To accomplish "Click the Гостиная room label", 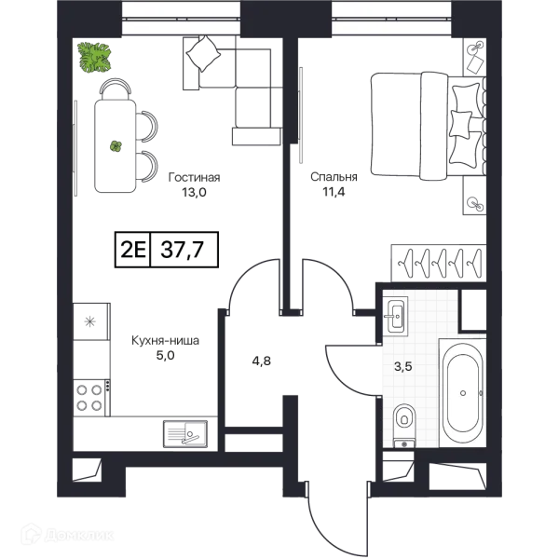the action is click(195, 177).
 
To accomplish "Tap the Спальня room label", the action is click(334, 177).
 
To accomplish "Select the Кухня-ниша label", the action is click(166, 340).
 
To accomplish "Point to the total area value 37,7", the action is click(183, 249).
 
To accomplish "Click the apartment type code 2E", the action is click(133, 250).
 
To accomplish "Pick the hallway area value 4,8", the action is click(261, 361).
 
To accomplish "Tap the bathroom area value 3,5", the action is click(402, 366).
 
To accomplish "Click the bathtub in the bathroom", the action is click(463, 393).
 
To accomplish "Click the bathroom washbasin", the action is click(396, 315).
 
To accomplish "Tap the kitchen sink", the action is click(185, 433).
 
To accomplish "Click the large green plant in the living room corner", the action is click(94, 58).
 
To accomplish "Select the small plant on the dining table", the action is click(116, 146).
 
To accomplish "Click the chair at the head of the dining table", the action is click(116, 89).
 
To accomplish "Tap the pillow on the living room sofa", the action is click(203, 54).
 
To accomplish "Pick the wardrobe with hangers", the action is click(439, 263).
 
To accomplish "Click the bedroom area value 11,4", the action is click(334, 192).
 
